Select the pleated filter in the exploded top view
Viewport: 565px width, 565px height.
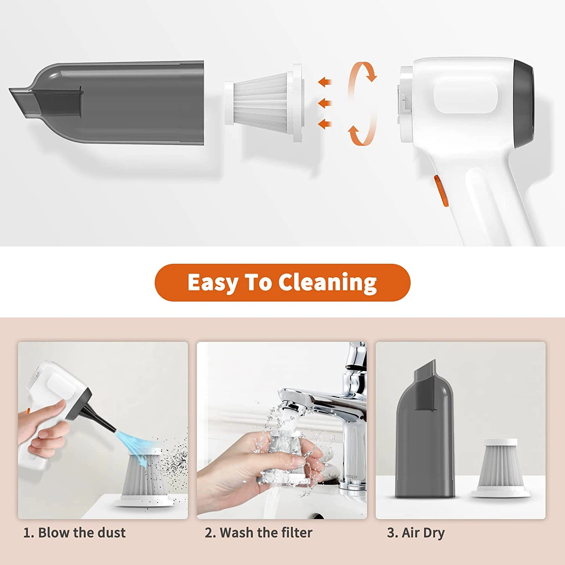pos(264,103)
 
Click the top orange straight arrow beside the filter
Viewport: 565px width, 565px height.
pos(325,81)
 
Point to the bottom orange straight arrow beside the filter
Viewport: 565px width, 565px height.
pos(325,124)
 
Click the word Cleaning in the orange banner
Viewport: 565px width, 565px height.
pos(327,283)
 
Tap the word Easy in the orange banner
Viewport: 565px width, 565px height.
pos(212,283)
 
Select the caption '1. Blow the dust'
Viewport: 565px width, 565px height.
pos(75,533)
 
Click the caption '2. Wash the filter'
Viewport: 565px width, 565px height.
pos(258,533)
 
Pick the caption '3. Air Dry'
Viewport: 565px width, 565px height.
pos(416,533)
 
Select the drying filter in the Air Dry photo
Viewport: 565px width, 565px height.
pos(501,467)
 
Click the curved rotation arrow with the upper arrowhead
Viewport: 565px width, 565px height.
pos(363,73)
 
